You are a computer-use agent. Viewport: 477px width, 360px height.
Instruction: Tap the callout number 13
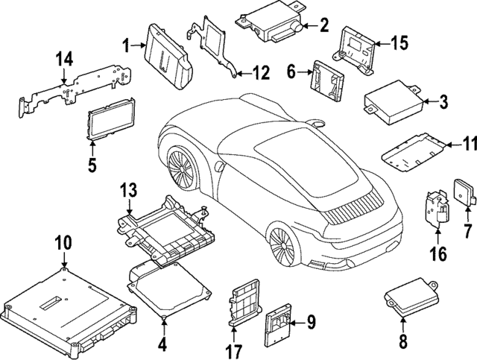pos(128,190)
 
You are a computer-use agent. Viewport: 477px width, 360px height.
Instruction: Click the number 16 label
pos(437,254)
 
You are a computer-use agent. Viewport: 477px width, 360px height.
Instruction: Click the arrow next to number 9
pos(294,323)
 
